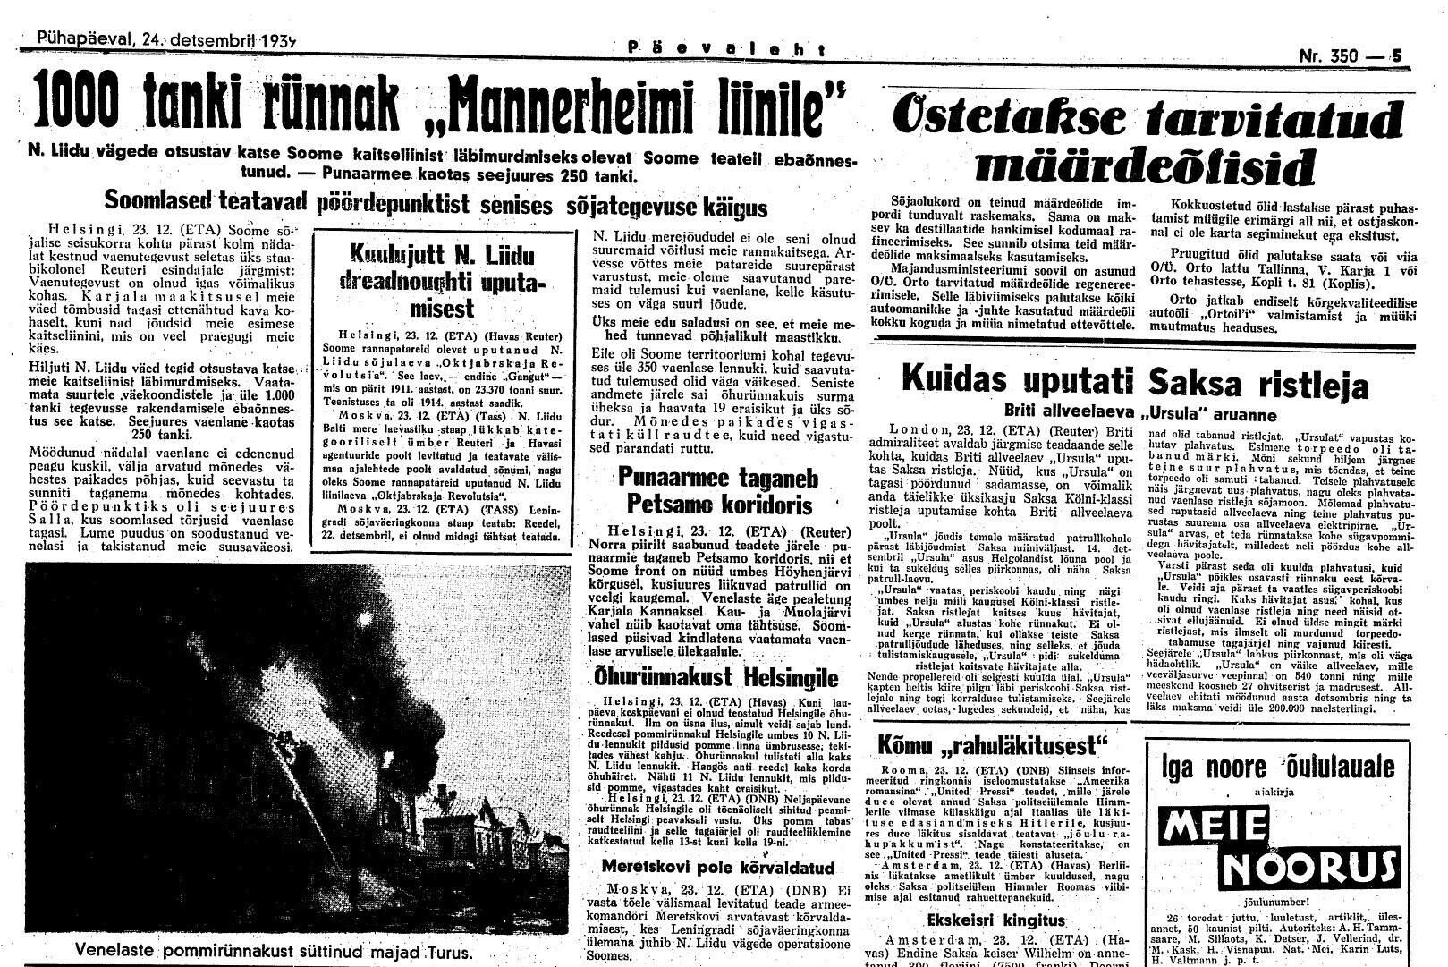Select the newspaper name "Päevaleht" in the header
(x=725, y=51)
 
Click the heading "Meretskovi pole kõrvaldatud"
(x=718, y=867)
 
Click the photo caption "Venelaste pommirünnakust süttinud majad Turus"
(x=274, y=949)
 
